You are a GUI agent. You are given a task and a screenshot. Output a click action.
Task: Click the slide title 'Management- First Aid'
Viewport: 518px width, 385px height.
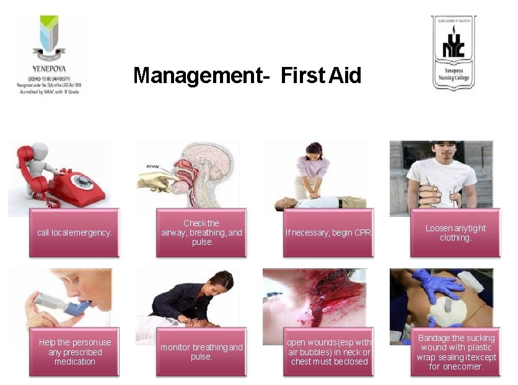(247, 76)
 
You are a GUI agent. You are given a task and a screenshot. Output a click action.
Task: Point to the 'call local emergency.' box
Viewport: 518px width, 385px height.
(74, 232)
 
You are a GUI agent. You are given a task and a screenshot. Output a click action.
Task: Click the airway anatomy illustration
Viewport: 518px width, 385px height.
(189, 174)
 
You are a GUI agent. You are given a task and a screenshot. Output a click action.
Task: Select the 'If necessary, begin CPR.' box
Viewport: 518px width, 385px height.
(328, 232)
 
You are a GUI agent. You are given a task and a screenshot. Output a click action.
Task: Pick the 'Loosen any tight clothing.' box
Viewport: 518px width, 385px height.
(455, 232)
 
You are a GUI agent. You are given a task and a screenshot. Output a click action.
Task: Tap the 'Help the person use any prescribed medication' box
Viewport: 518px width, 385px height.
(74, 352)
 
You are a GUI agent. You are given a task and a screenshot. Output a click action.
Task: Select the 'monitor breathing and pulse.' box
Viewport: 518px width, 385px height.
(201, 352)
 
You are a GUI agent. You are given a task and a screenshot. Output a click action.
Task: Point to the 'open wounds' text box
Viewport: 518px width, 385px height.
(328, 352)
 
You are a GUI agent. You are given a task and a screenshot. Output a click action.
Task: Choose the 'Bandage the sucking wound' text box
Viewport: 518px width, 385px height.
(455, 352)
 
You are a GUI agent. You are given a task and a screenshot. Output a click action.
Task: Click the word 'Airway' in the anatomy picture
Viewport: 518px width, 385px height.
(154, 166)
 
